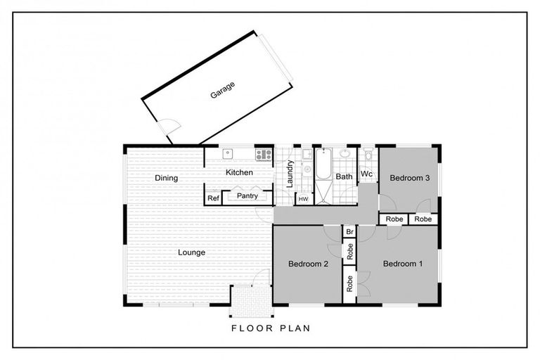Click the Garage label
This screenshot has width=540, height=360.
(223, 90)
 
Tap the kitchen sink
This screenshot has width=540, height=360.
(228, 154)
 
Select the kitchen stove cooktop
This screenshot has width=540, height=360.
(264, 154)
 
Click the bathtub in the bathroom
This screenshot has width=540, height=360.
(323, 164)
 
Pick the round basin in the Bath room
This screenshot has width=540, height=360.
(345, 153)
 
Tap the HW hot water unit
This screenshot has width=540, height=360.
(304, 199)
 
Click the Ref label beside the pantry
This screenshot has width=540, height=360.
(213, 198)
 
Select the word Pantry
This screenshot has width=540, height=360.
(247, 195)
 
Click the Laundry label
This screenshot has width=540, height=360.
(290, 174)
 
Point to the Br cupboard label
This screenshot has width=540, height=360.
(349, 232)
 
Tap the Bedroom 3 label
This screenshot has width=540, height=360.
(409, 178)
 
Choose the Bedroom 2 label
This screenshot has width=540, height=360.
(308, 264)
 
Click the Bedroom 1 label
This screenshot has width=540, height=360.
(403, 264)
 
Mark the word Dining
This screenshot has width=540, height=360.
(167, 178)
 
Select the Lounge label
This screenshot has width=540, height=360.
(191, 252)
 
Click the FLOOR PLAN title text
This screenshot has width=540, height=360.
(271, 328)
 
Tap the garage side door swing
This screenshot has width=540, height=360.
(169, 126)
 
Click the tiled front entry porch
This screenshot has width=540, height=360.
(252, 301)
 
